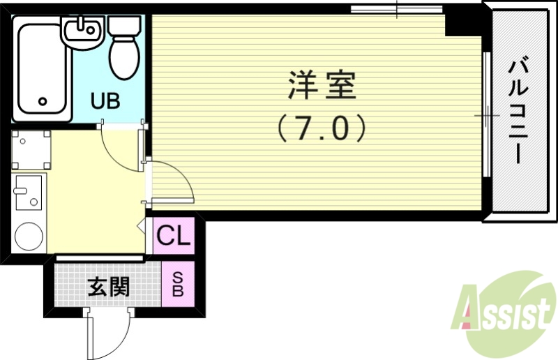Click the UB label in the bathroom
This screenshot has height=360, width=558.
pos(106,100)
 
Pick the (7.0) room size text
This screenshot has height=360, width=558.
pos(322,128)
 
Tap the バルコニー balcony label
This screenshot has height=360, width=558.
pos(518,112)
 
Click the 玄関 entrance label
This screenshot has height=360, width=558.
pos(108,286)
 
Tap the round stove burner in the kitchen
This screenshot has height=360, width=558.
pos(28,235)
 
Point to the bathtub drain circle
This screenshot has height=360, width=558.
pos(43,101)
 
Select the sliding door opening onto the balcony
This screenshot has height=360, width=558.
pos(485,115)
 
